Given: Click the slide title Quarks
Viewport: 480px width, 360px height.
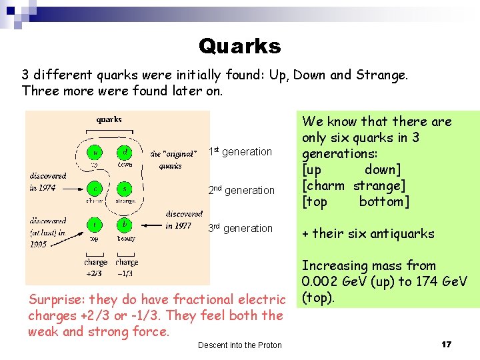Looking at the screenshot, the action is tap(239, 46).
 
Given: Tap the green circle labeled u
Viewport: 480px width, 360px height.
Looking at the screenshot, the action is tap(96, 152).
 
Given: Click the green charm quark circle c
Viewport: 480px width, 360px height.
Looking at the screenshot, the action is tap(96, 189).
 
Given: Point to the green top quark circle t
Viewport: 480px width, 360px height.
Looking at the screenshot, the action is tap(96, 225).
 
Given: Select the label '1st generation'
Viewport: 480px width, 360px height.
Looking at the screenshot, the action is tap(241, 152).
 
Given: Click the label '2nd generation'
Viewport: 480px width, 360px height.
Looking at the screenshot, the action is tap(241, 191).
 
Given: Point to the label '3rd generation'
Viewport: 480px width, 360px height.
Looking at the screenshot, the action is tap(241, 229).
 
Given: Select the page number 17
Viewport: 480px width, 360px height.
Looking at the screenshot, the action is tap(446, 344).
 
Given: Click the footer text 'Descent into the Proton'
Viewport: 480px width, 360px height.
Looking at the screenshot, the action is tap(240, 345).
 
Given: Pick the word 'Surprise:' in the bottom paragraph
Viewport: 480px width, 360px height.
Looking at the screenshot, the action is tap(56, 299).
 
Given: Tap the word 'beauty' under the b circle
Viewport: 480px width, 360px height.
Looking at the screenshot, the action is tap(126, 238).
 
